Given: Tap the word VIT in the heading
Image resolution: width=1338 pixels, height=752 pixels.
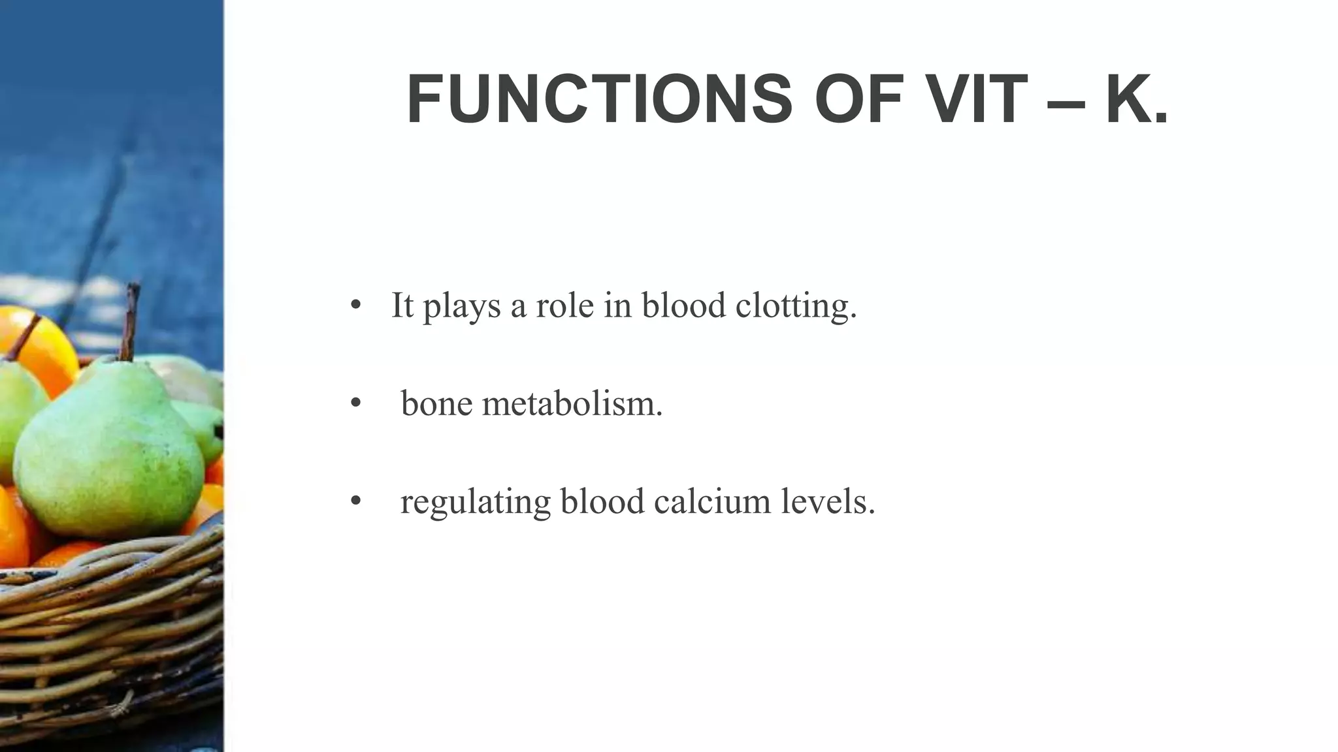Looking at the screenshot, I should tap(973, 99).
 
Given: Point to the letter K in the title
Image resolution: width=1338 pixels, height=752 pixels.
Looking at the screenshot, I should tap(1127, 99).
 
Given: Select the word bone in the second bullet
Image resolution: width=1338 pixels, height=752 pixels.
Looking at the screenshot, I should tap(436, 403).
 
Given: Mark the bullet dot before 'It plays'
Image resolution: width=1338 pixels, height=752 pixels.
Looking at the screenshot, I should tap(355, 305).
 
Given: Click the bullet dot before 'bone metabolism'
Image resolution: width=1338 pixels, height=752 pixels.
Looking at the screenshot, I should tap(355, 403).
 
